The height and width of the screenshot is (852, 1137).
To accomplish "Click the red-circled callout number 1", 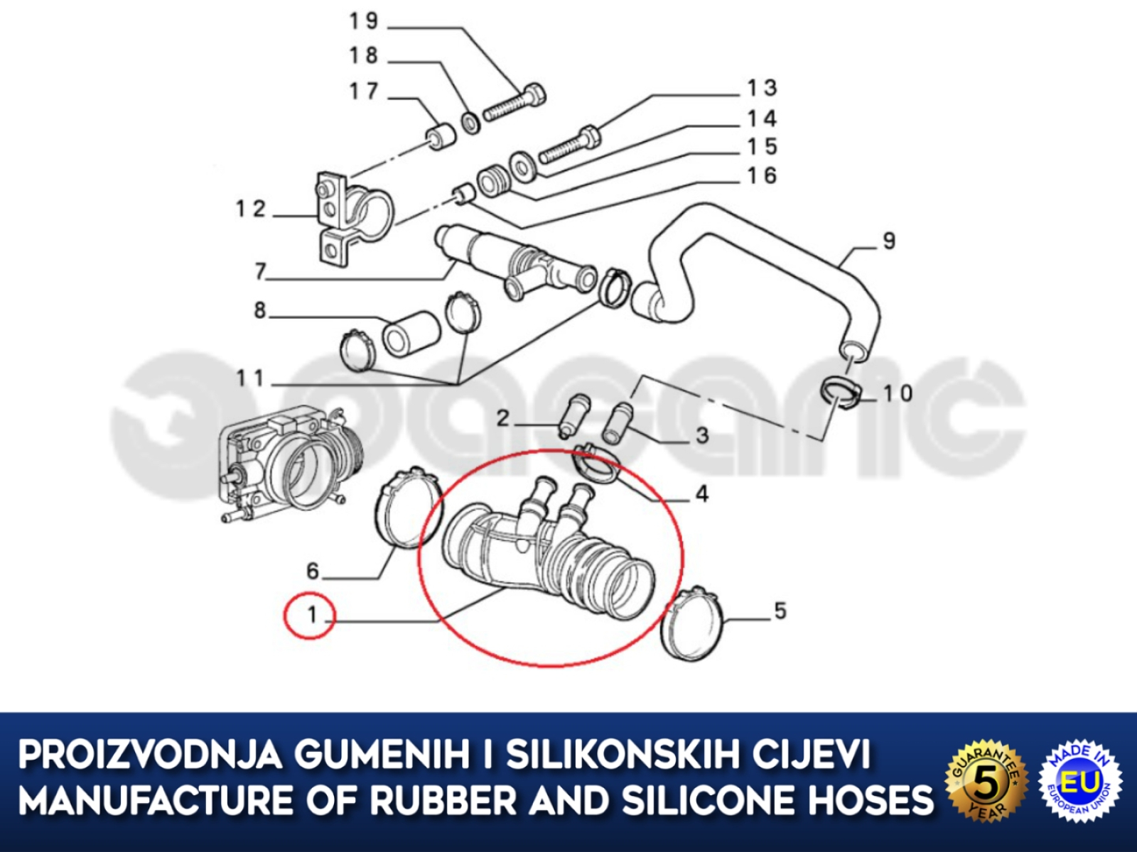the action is tap(312, 615).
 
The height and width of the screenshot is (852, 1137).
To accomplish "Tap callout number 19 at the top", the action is tap(364, 22).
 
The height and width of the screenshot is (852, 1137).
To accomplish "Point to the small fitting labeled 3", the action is tap(618, 423).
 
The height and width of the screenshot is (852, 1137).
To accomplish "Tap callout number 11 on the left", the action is tap(251, 378).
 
